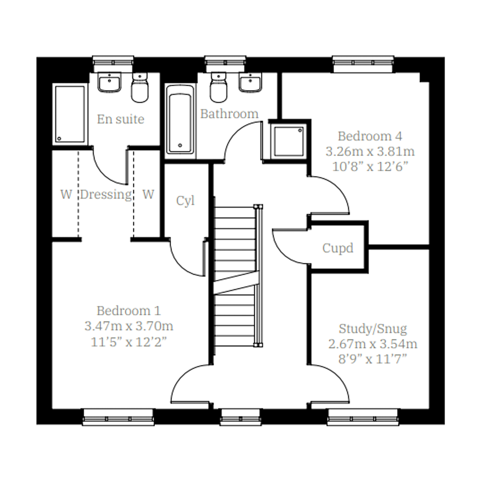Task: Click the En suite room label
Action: [x=121, y=119]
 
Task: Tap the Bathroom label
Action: [x=229, y=114]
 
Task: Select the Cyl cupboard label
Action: [x=185, y=201]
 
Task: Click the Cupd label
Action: [x=338, y=248]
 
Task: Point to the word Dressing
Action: [x=106, y=195]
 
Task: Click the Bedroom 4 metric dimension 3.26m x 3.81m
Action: [x=370, y=152]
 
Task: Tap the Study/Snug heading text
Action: [x=373, y=329]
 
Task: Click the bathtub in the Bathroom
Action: [x=180, y=120]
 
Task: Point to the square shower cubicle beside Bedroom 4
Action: [x=289, y=141]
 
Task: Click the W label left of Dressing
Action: [x=66, y=194]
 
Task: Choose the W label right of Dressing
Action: [x=148, y=194]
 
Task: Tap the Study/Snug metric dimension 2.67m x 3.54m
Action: [x=373, y=344]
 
